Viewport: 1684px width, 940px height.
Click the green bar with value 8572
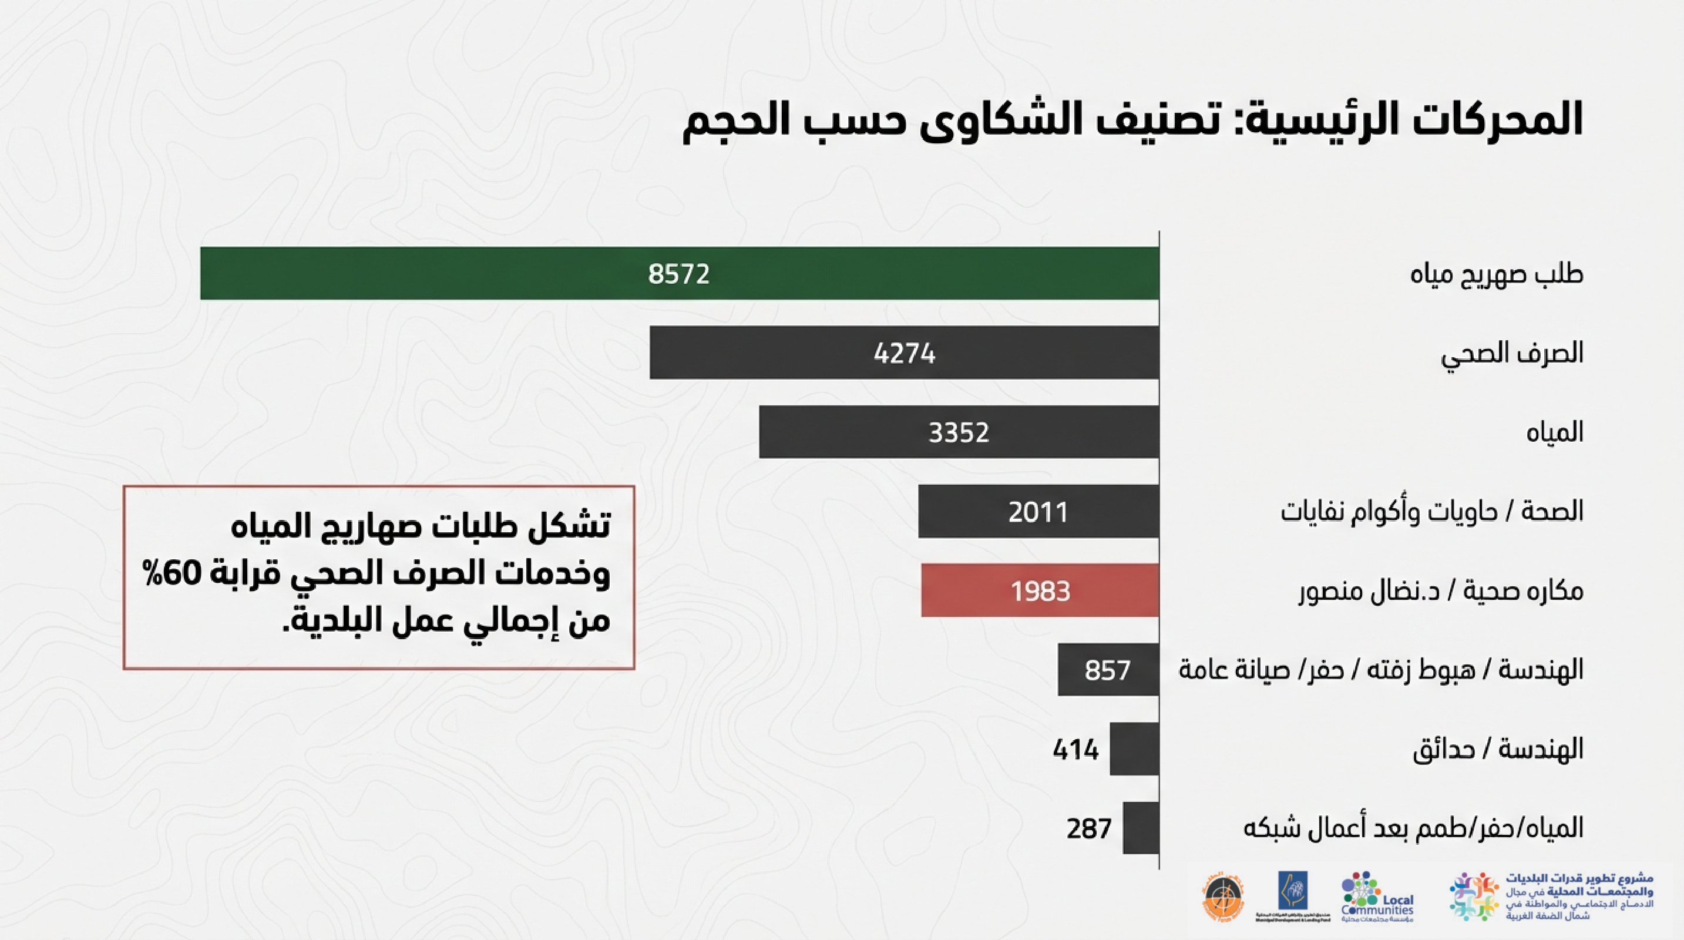tap(680, 273)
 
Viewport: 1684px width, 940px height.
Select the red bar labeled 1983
tap(1040, 590)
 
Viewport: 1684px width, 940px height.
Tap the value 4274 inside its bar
tap(905, 354)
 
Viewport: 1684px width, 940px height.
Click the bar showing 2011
tap(1038, 511)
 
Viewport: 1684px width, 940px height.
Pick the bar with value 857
tap(1108, 669)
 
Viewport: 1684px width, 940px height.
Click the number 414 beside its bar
tap(1076, 750)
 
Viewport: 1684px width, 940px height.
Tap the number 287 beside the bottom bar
tap(1089, 829)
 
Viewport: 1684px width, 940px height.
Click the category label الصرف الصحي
tap(1512, 354)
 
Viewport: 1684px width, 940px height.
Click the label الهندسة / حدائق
tap(1498, 749)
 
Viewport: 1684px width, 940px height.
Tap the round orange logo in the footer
tap(1222, 899)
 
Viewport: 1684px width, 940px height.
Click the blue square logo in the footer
tap(1293, 891)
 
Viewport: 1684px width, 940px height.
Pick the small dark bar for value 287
tap(1141, 828)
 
